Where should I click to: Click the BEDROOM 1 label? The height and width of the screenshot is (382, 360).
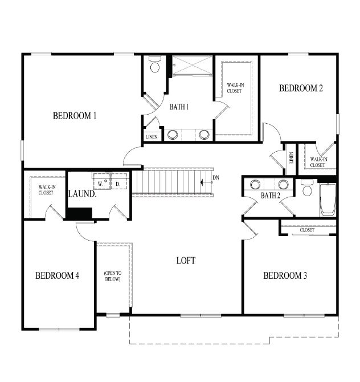[x=75, y=116]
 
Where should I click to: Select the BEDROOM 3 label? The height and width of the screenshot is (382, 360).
[x=285, y=276]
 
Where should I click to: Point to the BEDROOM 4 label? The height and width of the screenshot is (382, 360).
[x=57, y=276]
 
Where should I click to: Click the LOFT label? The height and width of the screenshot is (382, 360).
[x=186, y=261]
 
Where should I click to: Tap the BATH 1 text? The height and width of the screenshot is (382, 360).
[x=179, y=107]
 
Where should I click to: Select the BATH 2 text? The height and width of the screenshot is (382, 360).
[x=271, y=196]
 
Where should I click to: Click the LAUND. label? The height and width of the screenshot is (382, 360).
[x=82, y=194]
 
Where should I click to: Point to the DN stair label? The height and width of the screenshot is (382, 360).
[x=215, y=178]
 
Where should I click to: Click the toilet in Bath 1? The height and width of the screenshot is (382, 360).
[x=154, y=66]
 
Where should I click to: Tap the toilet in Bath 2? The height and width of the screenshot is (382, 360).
[x=308, y=189]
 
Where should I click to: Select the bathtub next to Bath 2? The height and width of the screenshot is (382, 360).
[x=328, y=200]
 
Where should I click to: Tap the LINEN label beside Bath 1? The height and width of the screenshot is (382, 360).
[x=152, y=137]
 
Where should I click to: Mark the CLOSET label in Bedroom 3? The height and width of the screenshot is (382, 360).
[x=307, y=230]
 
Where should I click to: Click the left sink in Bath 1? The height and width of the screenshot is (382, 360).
[x=172, y=135]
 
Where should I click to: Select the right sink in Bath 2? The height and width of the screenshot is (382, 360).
[x=283, y=184]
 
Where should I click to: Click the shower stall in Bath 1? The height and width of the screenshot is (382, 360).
[x=192, y=66]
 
